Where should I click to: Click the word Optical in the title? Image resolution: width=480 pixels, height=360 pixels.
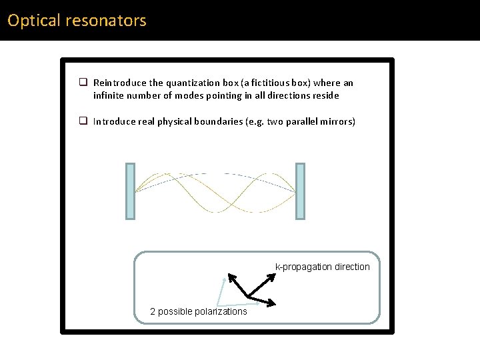click(34, 21)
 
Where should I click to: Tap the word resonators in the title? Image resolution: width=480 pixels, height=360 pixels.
click(105, 21)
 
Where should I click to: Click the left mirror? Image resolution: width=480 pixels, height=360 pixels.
click(130, 191)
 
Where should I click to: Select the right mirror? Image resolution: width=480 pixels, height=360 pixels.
click(300, 191)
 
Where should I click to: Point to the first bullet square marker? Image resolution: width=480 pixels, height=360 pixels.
click(84, 83)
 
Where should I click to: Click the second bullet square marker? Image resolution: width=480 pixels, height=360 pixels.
click(84, 121)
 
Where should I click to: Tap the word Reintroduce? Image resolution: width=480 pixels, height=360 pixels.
click(120, 83)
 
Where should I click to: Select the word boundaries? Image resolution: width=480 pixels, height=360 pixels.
click(221, 121)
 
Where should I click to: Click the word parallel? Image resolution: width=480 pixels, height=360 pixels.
click(297, 121)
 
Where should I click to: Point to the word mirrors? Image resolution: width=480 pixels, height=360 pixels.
click(337, 121)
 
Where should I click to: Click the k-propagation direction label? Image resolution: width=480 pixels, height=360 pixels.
click(323, 267)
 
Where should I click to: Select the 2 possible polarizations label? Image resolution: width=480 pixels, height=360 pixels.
click(199, 311)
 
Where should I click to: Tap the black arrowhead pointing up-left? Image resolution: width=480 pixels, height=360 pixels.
click(231, 277)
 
